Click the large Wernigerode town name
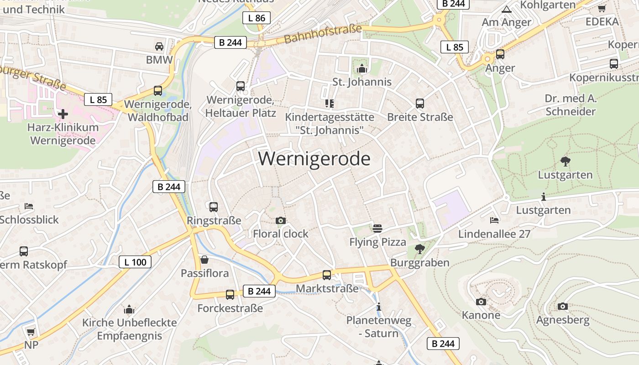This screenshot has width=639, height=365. click(314, 159)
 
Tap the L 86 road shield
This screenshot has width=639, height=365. click(257, 18)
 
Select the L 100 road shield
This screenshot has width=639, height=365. click(135, 262)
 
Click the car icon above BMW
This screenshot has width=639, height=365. click(159, 46)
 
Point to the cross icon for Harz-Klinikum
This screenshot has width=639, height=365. click(63, 114)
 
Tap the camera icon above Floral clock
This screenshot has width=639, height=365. click(281, 221)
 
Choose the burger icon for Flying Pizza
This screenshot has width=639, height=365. click(377, 228)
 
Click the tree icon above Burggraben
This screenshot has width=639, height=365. click(419, 249)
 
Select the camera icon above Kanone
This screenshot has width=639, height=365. click(481, 302)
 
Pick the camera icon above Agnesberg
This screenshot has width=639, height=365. click(562, 307)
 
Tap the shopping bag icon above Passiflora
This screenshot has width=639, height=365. click(204, 260)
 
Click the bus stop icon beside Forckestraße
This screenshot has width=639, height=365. click(230, 294)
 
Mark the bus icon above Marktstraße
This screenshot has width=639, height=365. click(327, 275)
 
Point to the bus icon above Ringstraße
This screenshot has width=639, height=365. click(214, 207)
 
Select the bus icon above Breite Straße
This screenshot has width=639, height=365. click(420, 104)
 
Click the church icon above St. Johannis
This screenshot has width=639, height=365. click(362, 69)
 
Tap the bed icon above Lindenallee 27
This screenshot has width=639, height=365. click(494, 220)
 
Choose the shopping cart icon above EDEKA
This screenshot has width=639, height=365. click(602, 8)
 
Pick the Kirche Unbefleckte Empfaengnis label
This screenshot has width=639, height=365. click(129, 329)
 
